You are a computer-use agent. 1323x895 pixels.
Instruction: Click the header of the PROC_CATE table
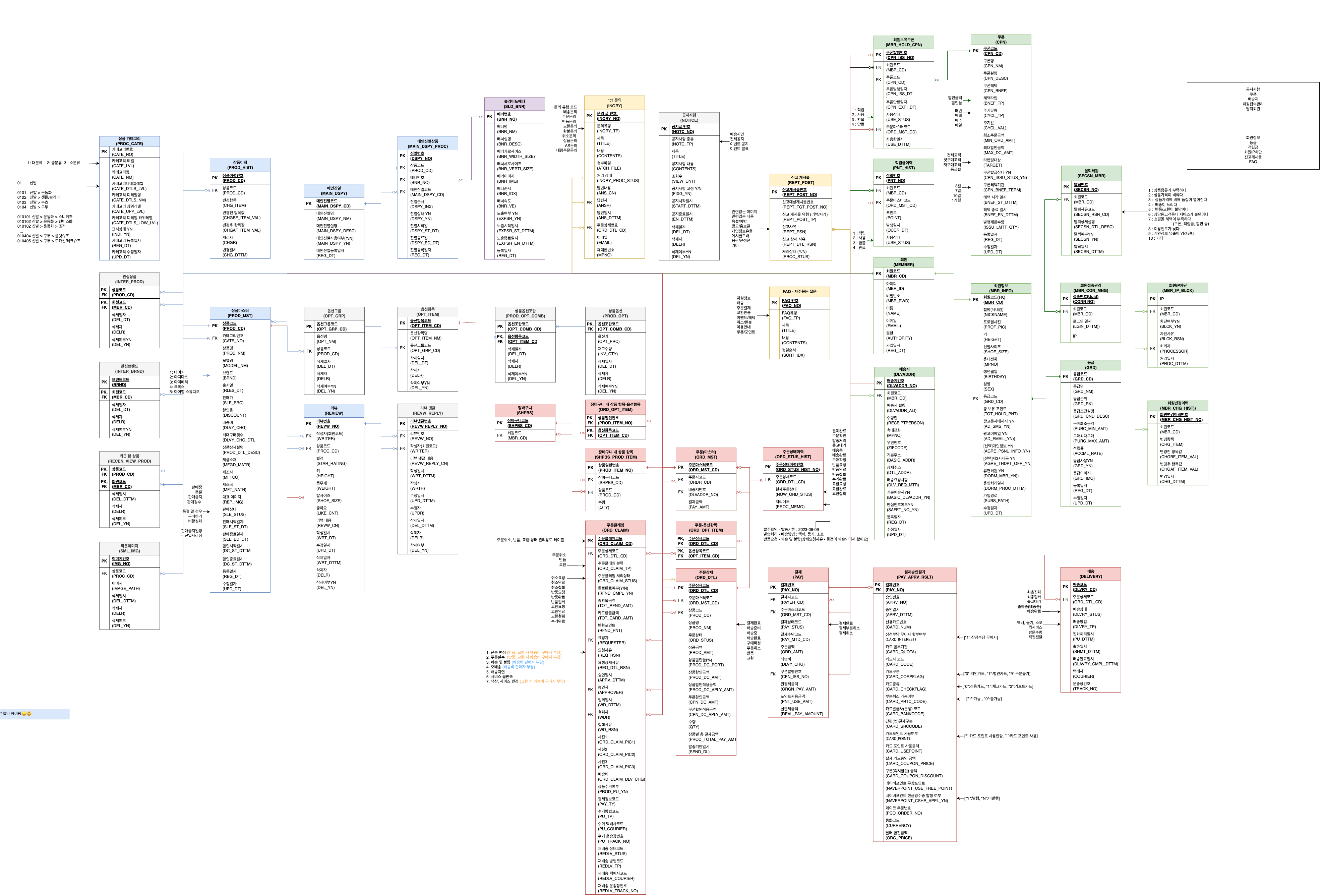pyautogui.click(x=129, y=141)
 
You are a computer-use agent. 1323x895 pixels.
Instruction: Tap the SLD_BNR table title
pyautogui.click(x=514, y=104)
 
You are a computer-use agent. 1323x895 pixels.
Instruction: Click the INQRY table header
pyautogui.click(x=614, y=103)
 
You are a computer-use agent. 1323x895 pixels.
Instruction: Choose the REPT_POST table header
pyautogui.click(x=800, y=180)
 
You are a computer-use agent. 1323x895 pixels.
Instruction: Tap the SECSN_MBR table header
pyautogui.click(x=1091, y=173)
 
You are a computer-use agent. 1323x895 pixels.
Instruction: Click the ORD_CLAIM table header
pyautogui.click(x=615, y=527)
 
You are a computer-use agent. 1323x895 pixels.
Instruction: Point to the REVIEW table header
pyautogui.click(x=334, y=411)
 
